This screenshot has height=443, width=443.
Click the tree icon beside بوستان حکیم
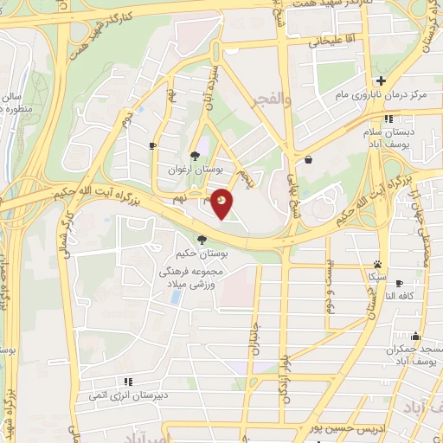pos(202,240)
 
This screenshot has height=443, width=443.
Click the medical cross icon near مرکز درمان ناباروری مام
pos(380,80)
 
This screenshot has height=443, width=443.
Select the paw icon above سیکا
pos(378,265)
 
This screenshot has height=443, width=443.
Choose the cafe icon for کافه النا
pos(397,282)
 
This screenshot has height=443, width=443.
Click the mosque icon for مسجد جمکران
pos(415,337)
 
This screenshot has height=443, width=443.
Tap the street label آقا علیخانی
pos(327,40)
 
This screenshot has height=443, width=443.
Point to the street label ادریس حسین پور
pos(341,431)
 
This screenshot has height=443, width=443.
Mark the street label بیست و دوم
pos(330,292)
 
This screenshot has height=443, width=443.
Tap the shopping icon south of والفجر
pos(309,159)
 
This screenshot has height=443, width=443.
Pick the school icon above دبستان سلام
pos(389,119)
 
